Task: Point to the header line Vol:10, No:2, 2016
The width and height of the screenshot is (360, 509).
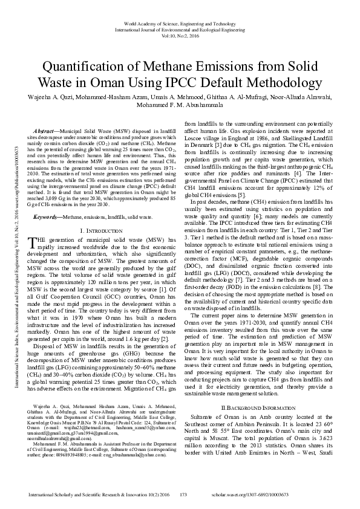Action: (180, 35)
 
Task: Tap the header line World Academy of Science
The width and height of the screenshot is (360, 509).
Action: (180, 21)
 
